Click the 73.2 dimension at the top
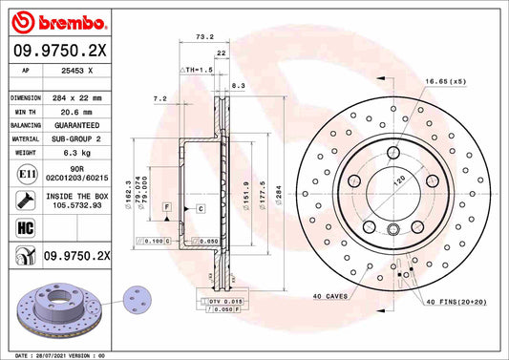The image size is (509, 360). coord(203,37)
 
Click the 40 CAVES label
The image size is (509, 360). coord(330,295)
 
